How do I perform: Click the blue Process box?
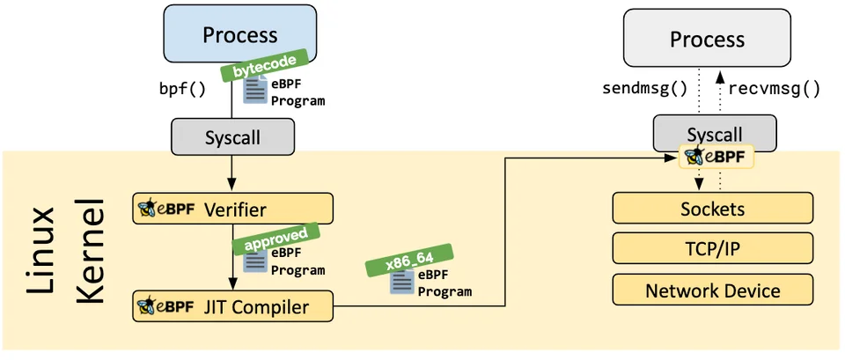click(x=239, y=36)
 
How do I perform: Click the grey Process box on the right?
click(x=706, y=40)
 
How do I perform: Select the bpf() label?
click(x=181, y=90)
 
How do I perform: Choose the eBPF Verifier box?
click(x=233, y=209)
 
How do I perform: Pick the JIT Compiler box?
click(x=233, y=306)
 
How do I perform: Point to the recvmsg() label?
click(x=775, y=89)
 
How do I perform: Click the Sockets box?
click(x=712, y=209)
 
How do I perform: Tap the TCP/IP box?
click(x=712, y=249)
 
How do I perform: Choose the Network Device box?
click(x=712, y=290)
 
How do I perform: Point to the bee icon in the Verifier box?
click(x=146, y=209)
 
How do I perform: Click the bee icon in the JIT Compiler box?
click(x=146, y=306)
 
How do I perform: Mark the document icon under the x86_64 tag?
click(x=402, y=283)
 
